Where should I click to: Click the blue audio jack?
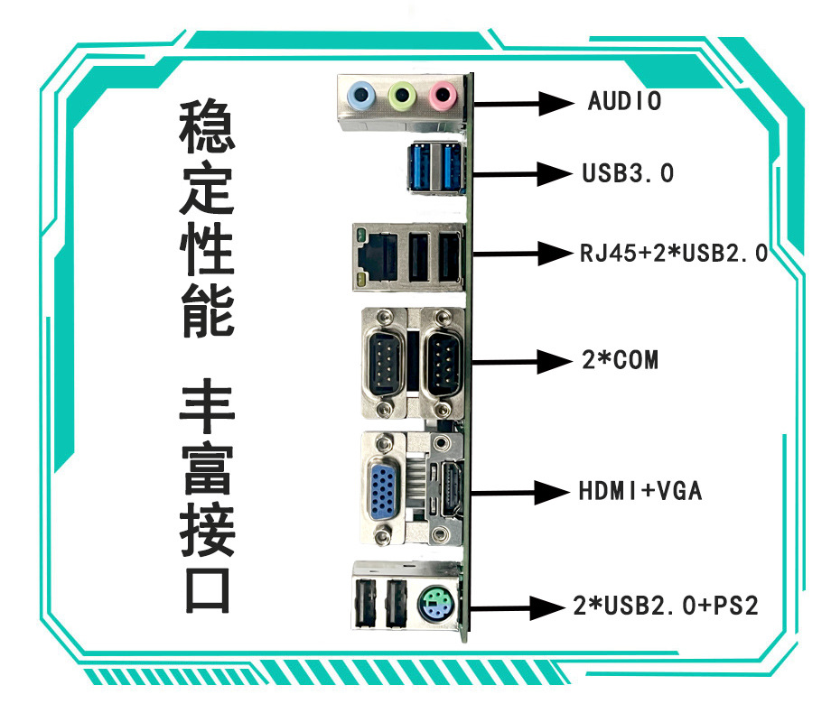click(x=362, y=93)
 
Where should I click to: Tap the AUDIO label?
click(x=624, y=100)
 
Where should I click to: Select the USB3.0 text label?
click(x=628, y=172)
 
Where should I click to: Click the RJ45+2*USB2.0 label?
click(x=673, y=253)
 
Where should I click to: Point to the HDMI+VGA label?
click(x=640, y=492)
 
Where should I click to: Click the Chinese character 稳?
click(x=209, y=124)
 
